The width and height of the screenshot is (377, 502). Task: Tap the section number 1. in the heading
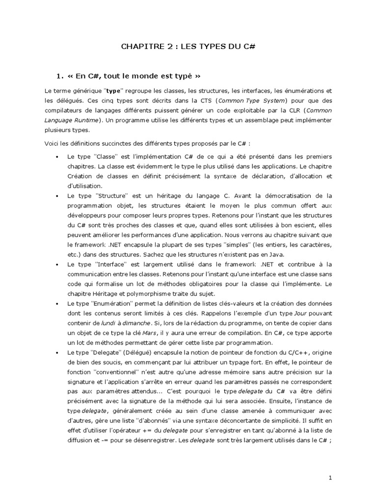pos(60,76)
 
